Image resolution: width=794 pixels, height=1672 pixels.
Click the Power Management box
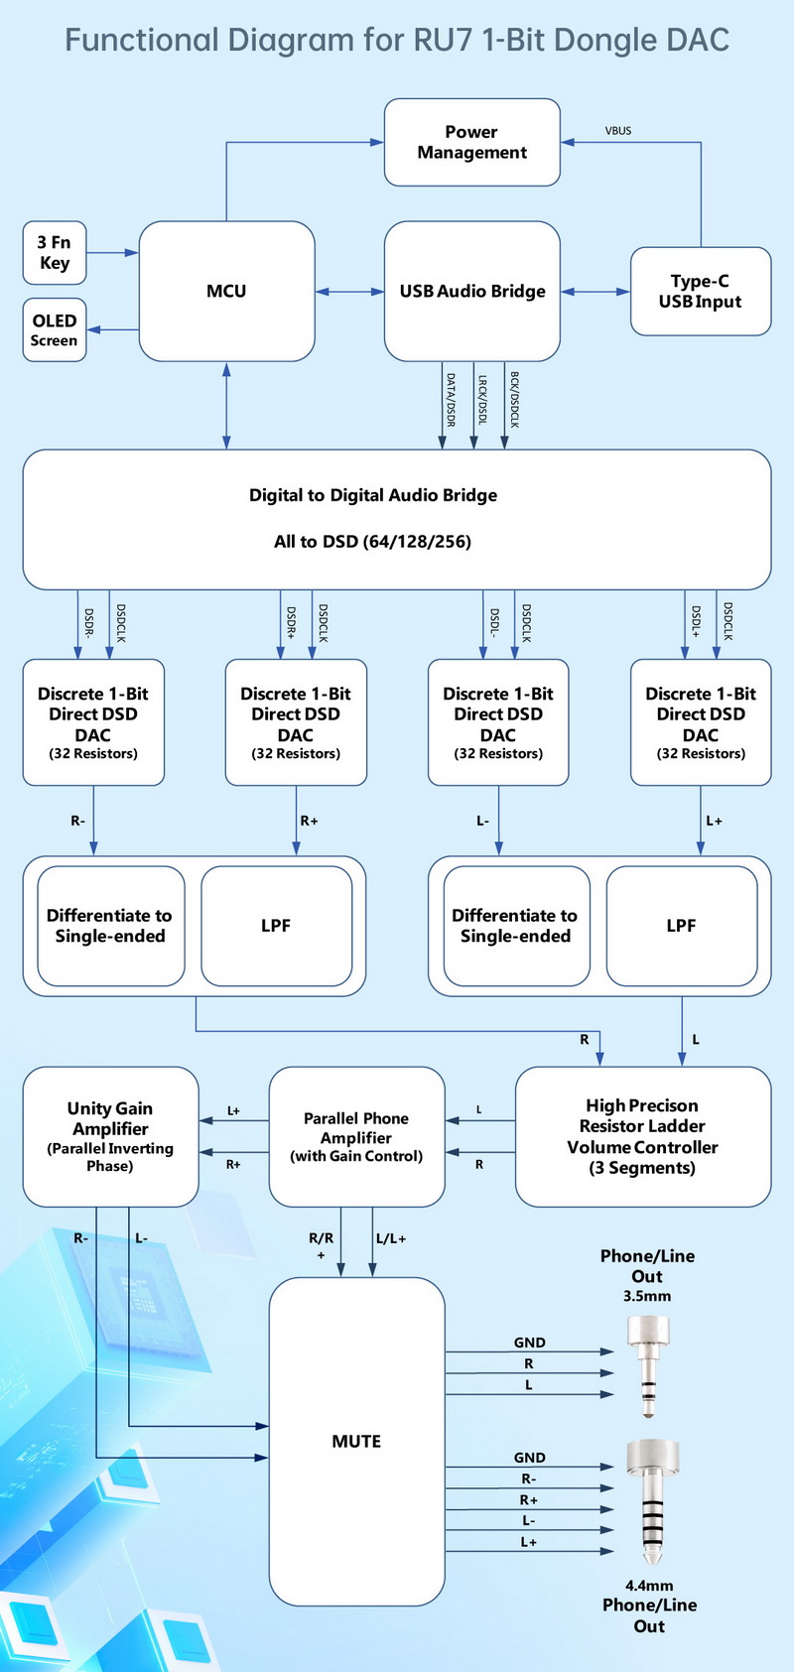click(x=471, y=142)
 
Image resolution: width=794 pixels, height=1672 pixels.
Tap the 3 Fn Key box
click(x=55, y=252)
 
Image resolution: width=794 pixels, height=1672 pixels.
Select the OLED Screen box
click(x=55, y=329)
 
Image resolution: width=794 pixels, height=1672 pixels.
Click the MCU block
click(x=226, y=291)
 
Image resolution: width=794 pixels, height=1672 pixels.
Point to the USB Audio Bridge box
click(x=472, y=291)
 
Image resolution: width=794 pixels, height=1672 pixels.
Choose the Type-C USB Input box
click(x=700, y=291)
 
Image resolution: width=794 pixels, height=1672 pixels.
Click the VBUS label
click(x=618, y=131)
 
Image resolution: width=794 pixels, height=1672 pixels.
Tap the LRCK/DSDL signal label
click(x=481, y=400)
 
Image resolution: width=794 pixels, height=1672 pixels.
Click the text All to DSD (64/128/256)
click(x=372, y=542)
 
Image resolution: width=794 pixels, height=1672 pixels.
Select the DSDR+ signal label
click(x=291, y=622)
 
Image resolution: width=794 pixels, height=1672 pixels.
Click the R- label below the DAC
click(x=77, y=821)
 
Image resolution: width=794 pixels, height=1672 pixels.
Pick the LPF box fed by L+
click(x=681, y=926)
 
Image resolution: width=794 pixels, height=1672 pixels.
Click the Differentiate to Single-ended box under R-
click(x=110, y=926)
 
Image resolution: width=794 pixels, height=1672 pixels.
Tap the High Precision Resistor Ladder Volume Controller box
click(x=642, y=1136)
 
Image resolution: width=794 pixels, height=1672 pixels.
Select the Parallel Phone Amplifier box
click(x=356, y=1136)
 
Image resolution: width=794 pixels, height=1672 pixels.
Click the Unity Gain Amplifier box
click(x=110, y=1136)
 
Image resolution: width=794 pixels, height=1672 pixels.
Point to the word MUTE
click(x=356, y=1441)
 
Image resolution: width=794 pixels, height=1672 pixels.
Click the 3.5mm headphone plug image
click(x=648, y=1364)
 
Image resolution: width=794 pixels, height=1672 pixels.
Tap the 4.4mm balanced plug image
click(x=652, y=1498)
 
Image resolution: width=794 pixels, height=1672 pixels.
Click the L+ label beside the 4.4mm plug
click(x=529, y=1542)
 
